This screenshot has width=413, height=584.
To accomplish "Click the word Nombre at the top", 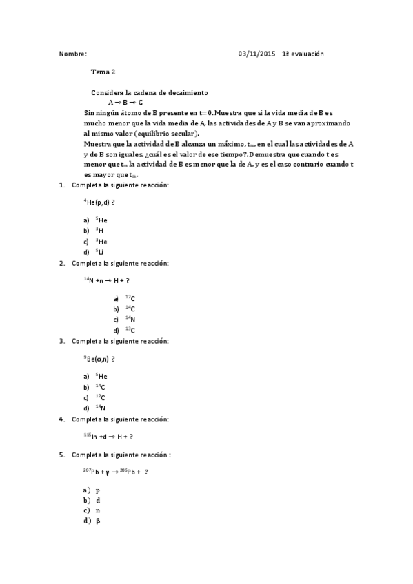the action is tap(72, 54).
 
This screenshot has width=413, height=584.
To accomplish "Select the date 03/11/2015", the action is tap(256, 54).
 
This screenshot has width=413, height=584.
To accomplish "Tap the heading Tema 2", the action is tap(103, 71).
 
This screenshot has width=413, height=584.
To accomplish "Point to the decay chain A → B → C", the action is tap(125, 101).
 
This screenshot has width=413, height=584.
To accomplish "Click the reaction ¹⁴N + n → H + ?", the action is tap(107, 280).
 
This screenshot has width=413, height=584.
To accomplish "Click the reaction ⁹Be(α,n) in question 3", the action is tap(99, 359).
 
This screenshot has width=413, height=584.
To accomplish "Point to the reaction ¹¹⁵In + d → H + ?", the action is tap(108, 437).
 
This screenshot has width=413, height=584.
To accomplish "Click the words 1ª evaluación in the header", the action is tap(303, 54).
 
